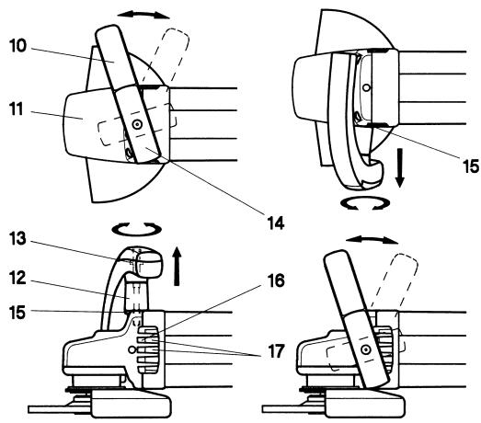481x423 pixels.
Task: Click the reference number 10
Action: (x=17, y=46)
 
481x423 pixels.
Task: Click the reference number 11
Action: (x=17, y=109)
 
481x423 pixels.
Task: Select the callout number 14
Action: (x=276, y=223)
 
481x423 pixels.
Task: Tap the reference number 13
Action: (x=17, y=238)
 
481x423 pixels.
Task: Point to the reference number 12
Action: (x=17, y=279)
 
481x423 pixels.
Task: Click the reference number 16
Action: (x=276, y=280)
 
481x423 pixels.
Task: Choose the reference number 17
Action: (x=276, y=351)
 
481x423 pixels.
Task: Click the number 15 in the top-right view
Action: (x=470, y=166)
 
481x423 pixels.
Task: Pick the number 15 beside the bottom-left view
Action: (x=17, y=313)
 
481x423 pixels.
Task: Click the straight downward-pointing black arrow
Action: (x=399, y=167)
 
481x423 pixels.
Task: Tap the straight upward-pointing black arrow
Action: (x=177, y=266)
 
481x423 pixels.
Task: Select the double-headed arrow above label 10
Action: (x=143, y=15)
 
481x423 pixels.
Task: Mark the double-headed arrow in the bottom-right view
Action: (x=372, y=240)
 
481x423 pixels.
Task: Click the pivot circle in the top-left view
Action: (x=137, y=124)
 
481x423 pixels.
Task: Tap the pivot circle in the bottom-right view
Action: (x=366, y=349)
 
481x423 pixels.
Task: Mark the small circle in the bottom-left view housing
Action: (x=132, y=349)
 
